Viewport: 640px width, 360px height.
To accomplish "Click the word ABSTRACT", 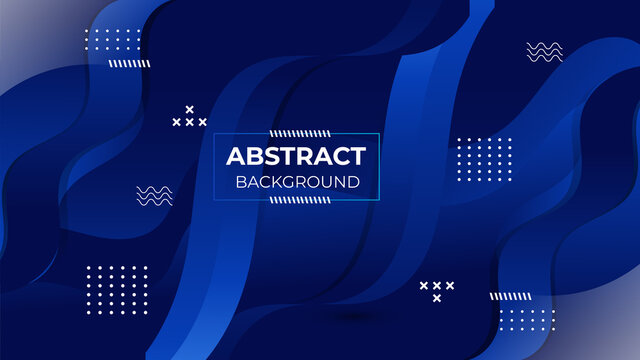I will click(x=296, y=157).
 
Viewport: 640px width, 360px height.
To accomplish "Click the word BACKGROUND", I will click(x=297, y=182).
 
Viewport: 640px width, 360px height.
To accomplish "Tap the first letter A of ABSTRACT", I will click(x=235, y=157).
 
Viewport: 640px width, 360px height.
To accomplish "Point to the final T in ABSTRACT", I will click(x=357, y=157).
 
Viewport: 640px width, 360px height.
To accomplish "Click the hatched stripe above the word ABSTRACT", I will click(x=297, y=132).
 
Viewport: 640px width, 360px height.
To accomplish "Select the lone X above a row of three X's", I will click(x=189, y=109).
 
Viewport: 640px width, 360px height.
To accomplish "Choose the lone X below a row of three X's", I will click(x=437, y=298).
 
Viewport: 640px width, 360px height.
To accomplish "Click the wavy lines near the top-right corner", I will click(x=544, y=52).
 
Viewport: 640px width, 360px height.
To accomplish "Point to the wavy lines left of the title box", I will click(x=154, y=196).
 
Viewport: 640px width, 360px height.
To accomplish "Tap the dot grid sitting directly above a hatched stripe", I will click(x=113, y=41).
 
